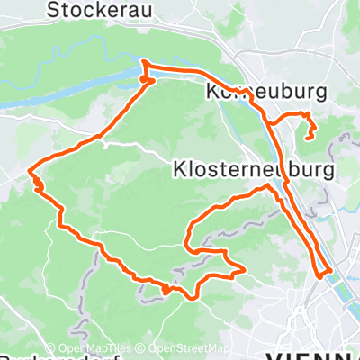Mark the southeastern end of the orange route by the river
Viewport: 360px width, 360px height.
tap(329, 269)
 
